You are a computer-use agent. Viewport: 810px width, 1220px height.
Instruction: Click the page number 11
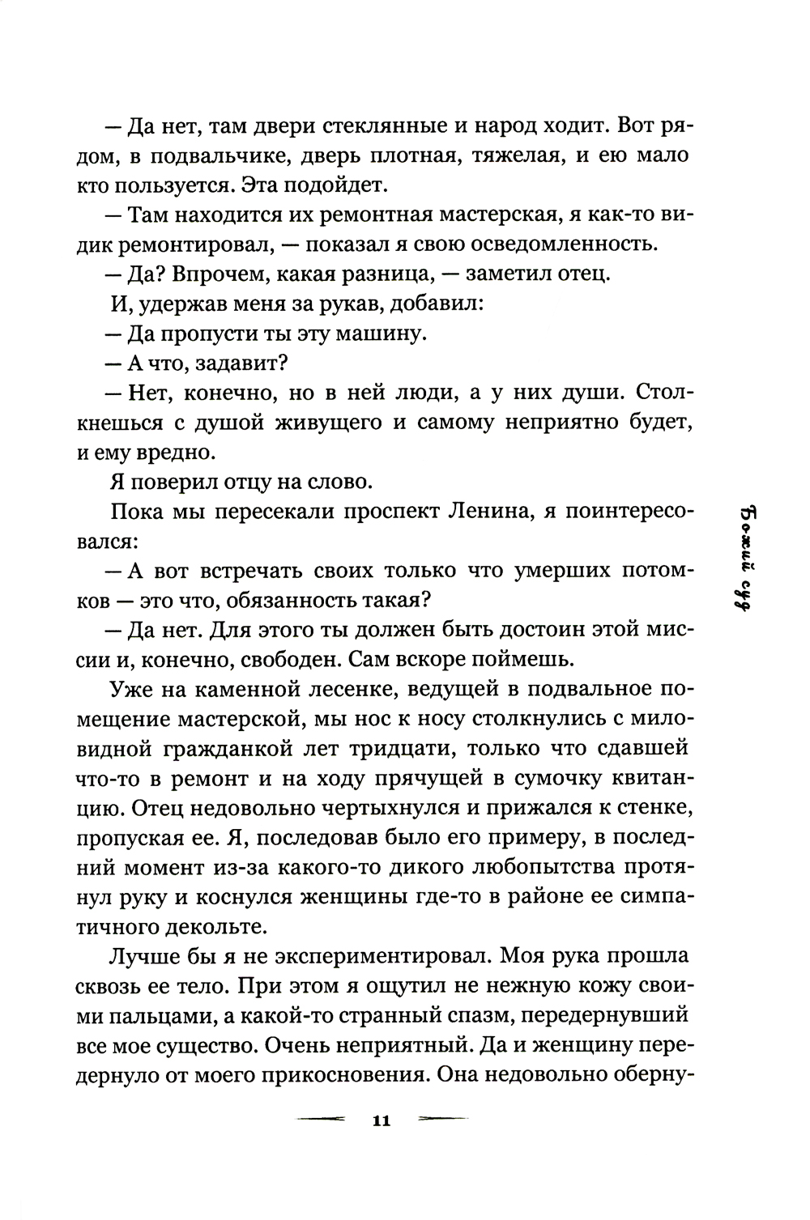coord(381,1121)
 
